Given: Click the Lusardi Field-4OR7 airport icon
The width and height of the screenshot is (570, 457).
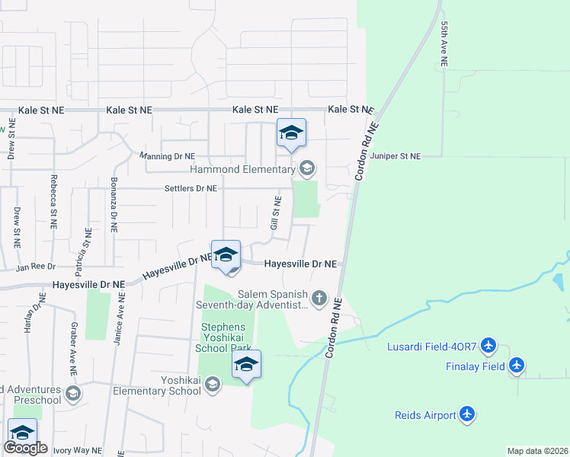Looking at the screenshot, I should [489, 347].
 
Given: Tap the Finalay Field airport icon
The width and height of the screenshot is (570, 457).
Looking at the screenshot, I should [517, 366].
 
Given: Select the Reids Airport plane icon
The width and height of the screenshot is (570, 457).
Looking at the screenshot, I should [467, 415].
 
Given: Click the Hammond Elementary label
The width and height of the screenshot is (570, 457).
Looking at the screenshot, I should [252, 169].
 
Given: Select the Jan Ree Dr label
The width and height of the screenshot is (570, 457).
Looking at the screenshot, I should [37, 267].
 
